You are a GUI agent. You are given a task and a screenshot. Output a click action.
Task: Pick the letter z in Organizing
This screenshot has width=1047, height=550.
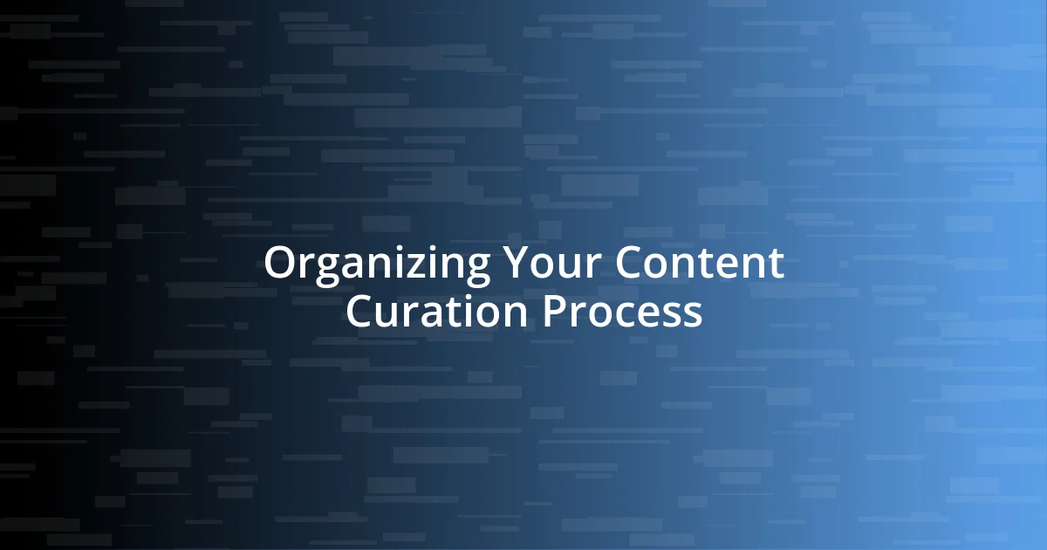pos(415,266)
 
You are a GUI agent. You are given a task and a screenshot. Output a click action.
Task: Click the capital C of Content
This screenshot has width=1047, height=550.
pos(631,263)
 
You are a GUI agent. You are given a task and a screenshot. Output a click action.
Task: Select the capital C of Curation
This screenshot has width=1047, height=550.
pos(360,312)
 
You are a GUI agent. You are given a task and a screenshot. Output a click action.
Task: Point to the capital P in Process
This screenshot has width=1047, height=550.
pos(555,312)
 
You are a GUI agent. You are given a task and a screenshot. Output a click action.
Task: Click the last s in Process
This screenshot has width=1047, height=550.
pos(693,315)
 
